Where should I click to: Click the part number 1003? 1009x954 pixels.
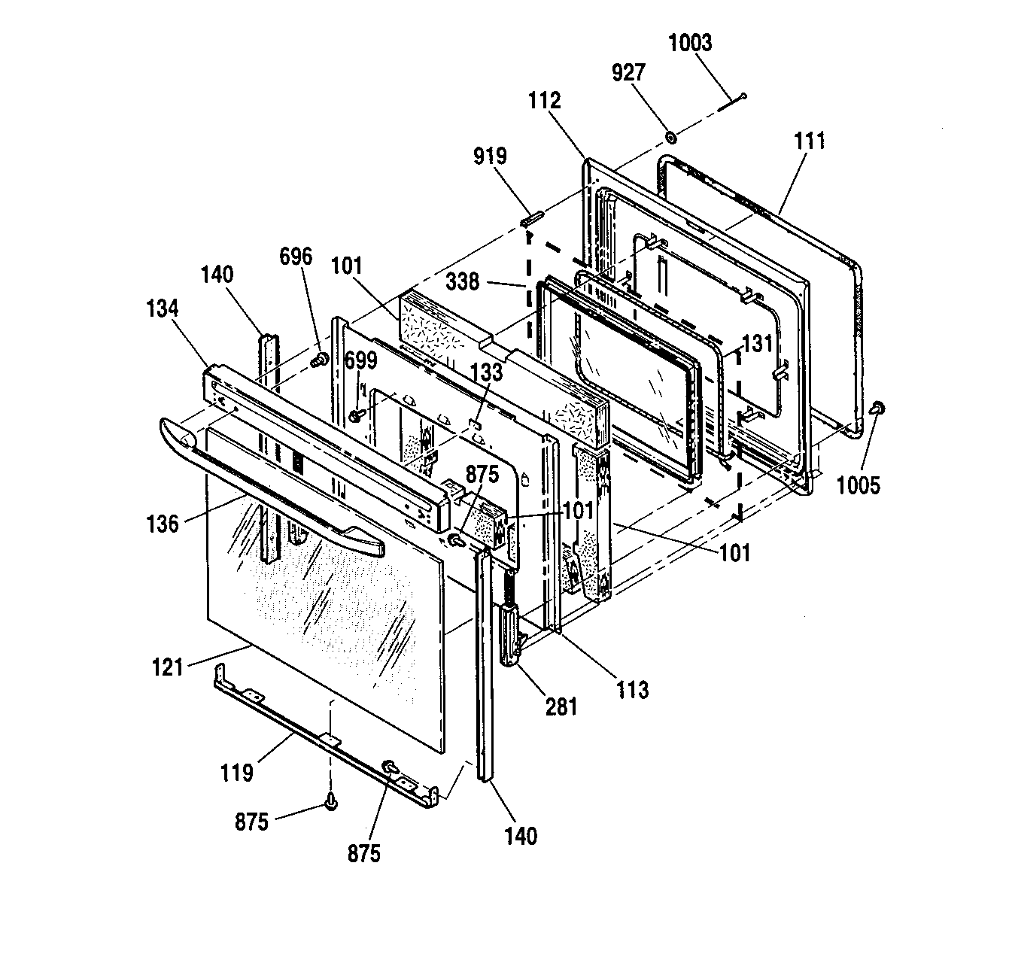[x=690, y=43]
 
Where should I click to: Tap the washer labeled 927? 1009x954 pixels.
[x=670, y=138]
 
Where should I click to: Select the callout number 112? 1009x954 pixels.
[x=545, y=101]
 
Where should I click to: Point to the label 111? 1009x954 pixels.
[x=810, y=141]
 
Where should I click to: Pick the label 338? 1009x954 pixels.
[x=463, y=281]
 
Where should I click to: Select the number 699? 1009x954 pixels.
[x=361, y=361]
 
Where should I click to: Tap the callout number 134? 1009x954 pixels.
[x=163, y=309]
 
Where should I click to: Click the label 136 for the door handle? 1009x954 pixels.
[x=163, y=524]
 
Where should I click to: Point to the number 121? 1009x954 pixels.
[x=168, y=667]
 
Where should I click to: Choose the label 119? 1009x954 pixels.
[x=237, y=773]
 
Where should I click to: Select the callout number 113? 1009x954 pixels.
[x=632, y=690]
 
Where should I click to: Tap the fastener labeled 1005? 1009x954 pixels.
[x=879, y=409]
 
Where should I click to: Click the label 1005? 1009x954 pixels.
[x=858, y=485]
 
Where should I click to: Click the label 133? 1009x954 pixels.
[x=487, y=372]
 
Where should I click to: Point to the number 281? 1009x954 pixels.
[x=561, y=707]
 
